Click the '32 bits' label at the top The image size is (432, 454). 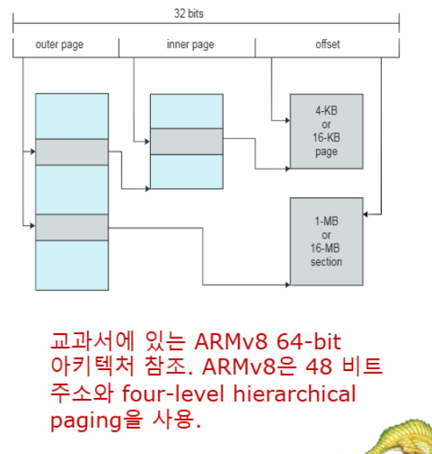pyautogui.click(x=188, y=14)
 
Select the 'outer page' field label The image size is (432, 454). pyautogui.click(x=59, y=45)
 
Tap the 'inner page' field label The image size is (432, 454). pyautogui.click(x=190, y=45)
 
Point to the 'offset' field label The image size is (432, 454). pyautogui.click(x=327, y=44)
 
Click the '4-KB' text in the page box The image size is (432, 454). pyautogui.click(x=327, y=110)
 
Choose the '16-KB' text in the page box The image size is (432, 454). pyautogui.click(x=326, y=137)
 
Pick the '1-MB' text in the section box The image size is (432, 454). pyautogui.click(x=327, y=221)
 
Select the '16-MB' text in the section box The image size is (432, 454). pyautogui.click(x=325, y=248)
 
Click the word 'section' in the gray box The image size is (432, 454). pyautogui.click(x=326, y=261)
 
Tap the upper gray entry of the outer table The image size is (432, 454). pyautogui.click(x=72, y=152)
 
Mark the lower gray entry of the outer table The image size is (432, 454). pyautogui.click(x=72, y=227)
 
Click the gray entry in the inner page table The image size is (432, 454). pyautogui.click(x=187, y=141)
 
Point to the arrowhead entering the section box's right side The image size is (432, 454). pyautogui.click(x=365, y=214)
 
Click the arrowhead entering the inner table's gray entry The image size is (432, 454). pyautogui.click(x=148, y=141)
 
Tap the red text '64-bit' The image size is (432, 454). pyautogui.click(x=309, y=341)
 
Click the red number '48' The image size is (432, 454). pyautogui.click(x=319, y=367)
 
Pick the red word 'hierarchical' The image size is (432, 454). pyautogui.click(x=295, y=393)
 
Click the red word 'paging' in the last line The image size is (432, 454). pyautogui.click(x=86, y=420)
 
